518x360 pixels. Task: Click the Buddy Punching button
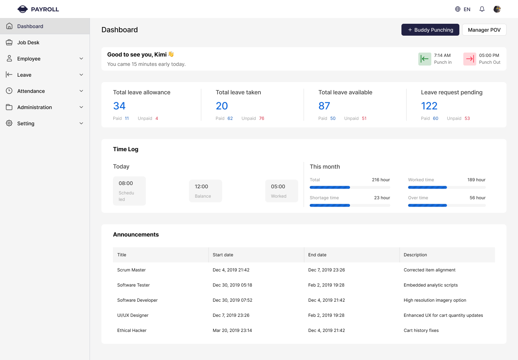pos(430,30)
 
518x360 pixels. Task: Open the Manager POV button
pos(484,30)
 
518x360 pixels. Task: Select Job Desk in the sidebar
pos(28,42)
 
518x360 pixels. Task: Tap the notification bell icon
pos(482,9)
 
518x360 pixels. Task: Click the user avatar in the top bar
pos(497,9)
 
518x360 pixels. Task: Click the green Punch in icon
pos(425,59)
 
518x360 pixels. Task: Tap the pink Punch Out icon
pos(470,59)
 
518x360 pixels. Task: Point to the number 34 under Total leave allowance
pos(119,106)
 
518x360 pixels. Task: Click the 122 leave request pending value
pos(429,106)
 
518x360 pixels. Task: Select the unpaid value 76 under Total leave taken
pos(262,118)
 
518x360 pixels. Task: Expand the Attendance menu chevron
pos(81,91)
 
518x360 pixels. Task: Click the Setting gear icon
pos(9,123)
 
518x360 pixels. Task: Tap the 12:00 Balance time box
pos(205,191)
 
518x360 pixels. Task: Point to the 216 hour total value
pos(381,180)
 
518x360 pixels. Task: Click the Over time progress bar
pos(447,206)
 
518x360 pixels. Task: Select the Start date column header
pos(223,255)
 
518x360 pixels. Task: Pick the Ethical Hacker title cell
pos(132,330)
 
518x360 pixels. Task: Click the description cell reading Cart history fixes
pos(421,330)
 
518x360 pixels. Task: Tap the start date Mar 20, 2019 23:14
pos(232,330)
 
